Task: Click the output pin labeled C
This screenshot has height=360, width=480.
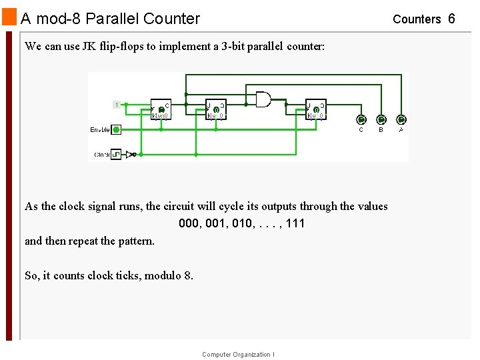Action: [x=361, y=120]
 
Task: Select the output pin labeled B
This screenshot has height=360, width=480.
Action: [x=381, y=120]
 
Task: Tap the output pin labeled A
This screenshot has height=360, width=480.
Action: [x=401, y=120]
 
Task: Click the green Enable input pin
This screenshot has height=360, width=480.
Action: [x=116, y=130]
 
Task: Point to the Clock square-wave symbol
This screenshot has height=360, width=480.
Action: [x=116, y=155]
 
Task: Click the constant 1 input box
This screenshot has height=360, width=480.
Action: [x=117, y=104]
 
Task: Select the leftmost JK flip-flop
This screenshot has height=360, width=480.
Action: [x=161, y=109]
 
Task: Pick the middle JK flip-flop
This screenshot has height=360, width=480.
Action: [x=216, y=109]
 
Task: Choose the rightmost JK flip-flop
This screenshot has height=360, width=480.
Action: [x=315, y=109]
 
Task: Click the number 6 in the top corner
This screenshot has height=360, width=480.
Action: [x=451, y=19]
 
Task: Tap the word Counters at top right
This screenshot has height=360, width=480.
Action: [x=417, y=19]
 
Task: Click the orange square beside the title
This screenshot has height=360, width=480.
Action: [x=9, y=16]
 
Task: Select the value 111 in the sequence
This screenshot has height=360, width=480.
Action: [x=295, y=223]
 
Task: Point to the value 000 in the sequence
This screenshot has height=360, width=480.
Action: [x=189, y=223]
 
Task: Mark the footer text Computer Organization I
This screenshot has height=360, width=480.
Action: [x=237, y=355]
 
